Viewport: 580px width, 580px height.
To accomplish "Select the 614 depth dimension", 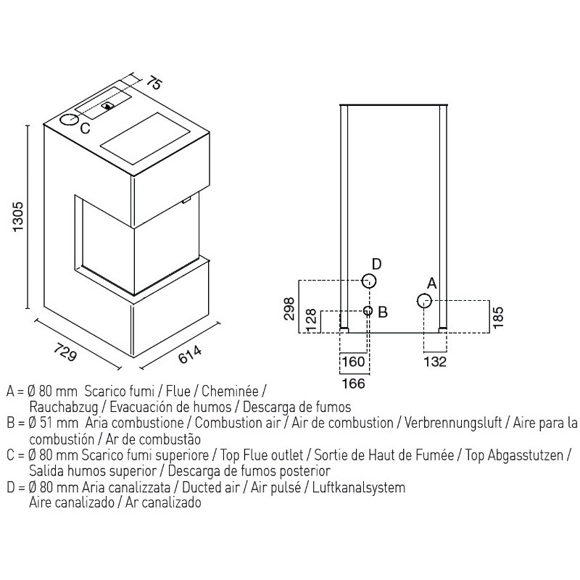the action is (190, 355).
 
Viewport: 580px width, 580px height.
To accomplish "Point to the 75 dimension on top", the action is (154, 83).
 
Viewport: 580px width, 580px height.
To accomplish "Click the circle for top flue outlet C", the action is (69, 120).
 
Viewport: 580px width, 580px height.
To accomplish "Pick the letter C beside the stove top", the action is (85, 128).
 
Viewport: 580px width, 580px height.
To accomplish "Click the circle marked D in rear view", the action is (368, 281).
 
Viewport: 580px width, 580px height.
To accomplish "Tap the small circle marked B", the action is (368, 310).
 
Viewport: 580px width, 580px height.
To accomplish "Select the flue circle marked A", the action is (424, 301).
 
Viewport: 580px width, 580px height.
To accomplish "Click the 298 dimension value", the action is (289, 308).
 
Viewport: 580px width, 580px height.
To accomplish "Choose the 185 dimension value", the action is (498, 317).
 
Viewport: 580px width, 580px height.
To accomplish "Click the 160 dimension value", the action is (354, 361).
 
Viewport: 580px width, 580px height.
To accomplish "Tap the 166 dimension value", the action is (354, 384).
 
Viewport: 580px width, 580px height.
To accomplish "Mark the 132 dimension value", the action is (436, 361).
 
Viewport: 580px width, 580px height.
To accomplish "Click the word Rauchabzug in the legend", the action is (64, 407).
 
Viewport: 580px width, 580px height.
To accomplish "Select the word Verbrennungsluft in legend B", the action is (452, 423).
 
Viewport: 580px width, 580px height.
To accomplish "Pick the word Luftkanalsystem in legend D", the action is (359, 487).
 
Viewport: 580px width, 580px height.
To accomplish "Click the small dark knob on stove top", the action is (108, 106).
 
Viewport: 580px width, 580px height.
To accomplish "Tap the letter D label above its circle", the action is (376, 264).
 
